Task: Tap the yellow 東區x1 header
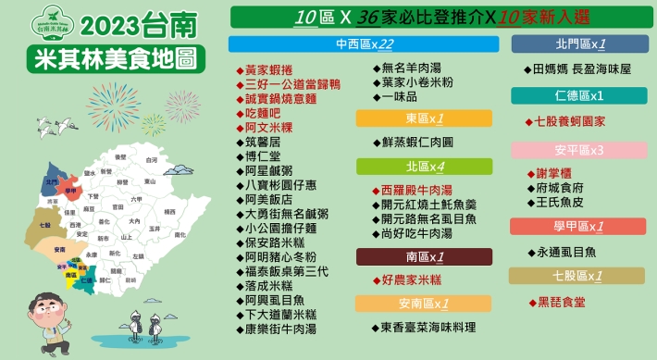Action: (x=424, y=118)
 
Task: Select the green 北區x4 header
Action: (x=424, y=167)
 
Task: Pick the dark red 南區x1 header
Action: (x=424, y=256)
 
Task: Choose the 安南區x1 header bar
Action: (x=424, y=304)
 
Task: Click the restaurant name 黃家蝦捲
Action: (x=268, y=69)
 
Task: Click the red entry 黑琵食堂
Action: (x=561, y=302)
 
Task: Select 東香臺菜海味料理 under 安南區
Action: (x=428, y=328)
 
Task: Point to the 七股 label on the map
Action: (x=44, y=224)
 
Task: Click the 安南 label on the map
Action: (x=60, y=250)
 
